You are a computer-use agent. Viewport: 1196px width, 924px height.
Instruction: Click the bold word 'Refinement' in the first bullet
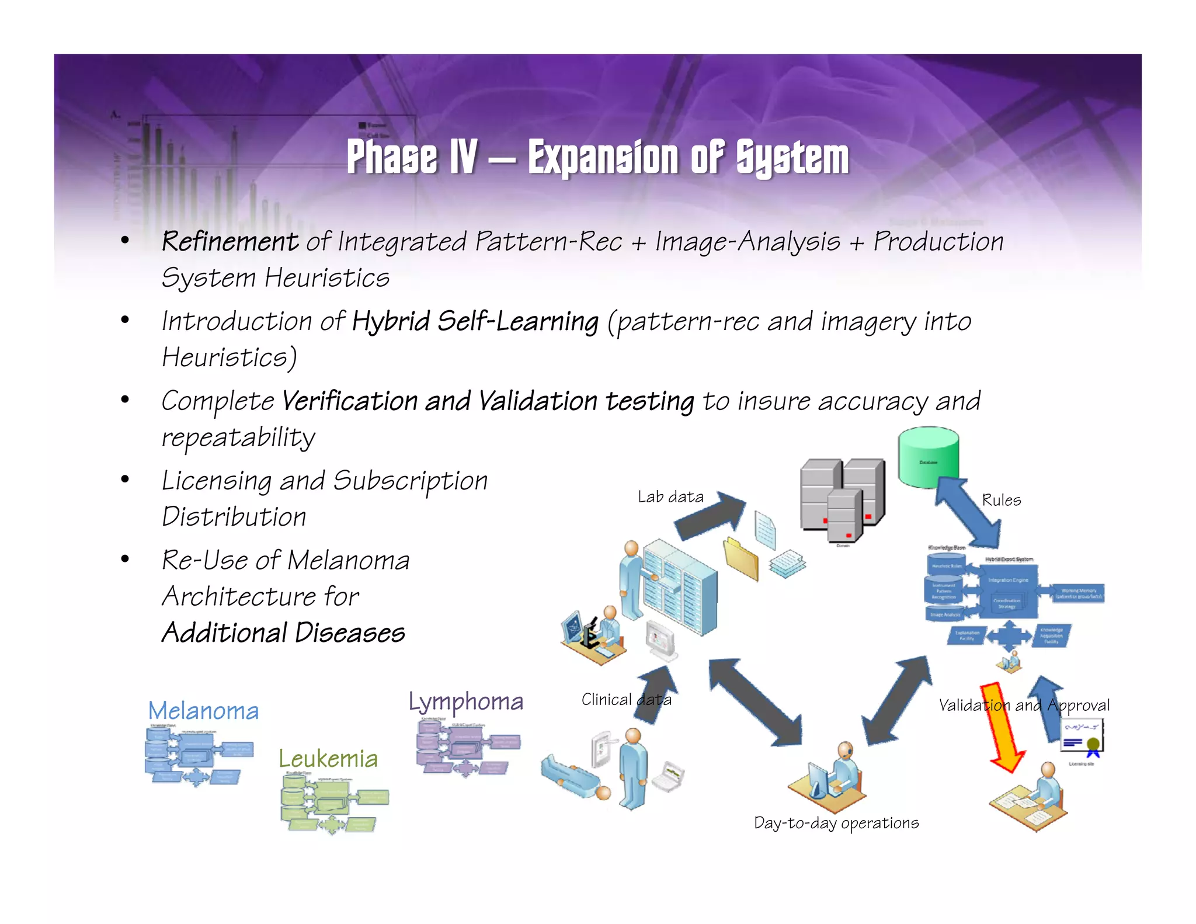[x=230, y=241]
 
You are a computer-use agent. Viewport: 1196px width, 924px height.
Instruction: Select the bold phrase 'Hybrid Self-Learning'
[x=475, y=321]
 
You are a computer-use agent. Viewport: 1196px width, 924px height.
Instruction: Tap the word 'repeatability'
[x=238, y=437]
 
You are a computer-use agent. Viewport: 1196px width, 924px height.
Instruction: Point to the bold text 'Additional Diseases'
[x=283, y=633]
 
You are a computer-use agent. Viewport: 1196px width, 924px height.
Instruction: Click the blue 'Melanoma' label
[x=203, y=711]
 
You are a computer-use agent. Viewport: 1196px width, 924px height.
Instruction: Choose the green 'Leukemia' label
[x=328, y=759]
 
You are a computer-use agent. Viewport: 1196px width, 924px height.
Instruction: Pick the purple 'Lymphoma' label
[x=465, y=701]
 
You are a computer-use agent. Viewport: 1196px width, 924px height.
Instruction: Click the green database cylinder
[x=929, y=458]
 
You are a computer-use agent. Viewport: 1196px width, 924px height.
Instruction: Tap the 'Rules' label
[x=1001, y=500]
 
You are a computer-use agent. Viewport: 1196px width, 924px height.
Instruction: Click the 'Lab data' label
[x=670, y=497]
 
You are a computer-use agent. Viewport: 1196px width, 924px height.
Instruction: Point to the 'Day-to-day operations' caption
[x=836, y=823]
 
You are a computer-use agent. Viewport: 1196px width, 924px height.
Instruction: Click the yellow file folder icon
[x=741, y=558]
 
